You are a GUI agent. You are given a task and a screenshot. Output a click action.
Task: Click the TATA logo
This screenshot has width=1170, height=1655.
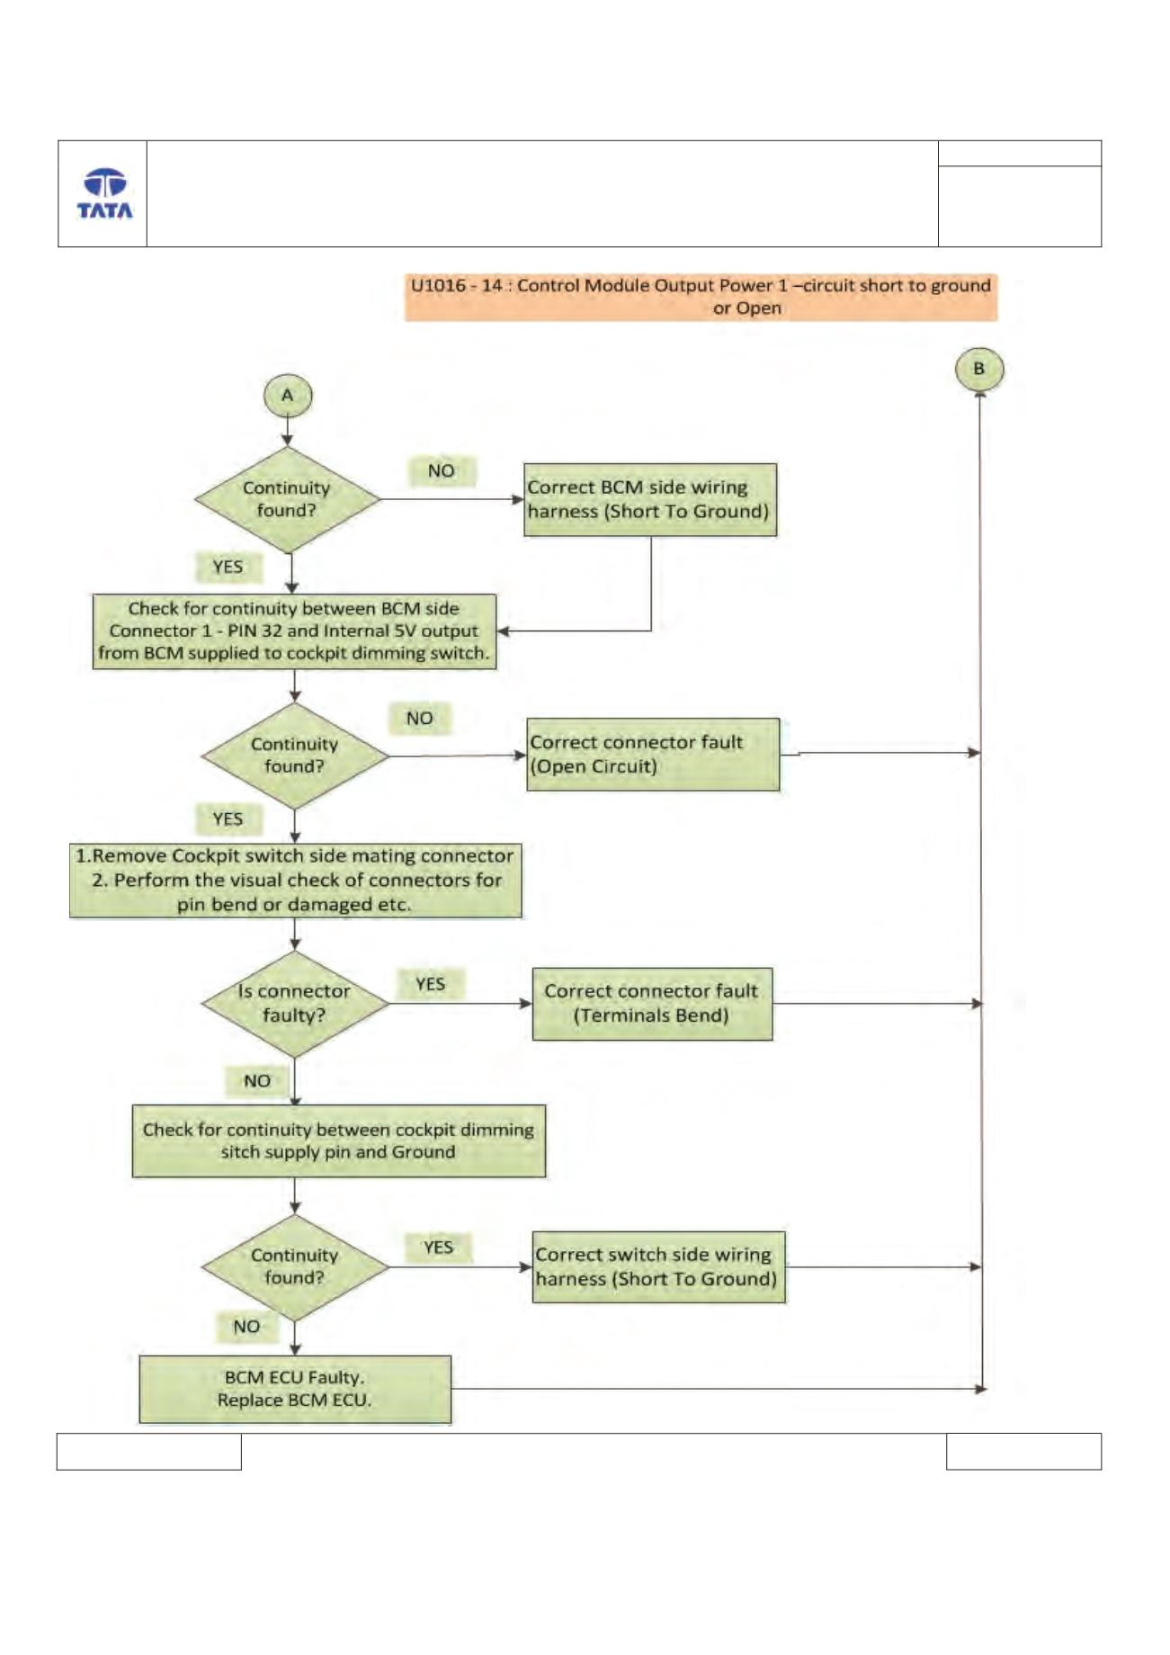pyautogui.click(x=104, y=193)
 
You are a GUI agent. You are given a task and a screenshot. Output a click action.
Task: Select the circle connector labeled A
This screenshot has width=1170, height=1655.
pyautogui.click(x=288, y=396)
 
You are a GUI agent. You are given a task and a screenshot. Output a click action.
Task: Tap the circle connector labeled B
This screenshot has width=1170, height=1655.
pyautogui.click(x=979, y=369)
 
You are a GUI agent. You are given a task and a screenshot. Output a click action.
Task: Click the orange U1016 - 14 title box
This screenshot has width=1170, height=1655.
pyautogui.click(x=701, y=297)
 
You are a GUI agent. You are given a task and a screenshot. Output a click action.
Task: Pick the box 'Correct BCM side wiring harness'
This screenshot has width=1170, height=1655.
pyautogui.click(x=650, y=500)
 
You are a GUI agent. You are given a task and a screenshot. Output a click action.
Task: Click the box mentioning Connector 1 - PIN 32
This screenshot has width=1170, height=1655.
pyautogui.click(x=294, y=631)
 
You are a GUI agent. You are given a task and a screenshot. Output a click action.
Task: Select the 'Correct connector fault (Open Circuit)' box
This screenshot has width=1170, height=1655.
pyautogui.click(x=653, y=755)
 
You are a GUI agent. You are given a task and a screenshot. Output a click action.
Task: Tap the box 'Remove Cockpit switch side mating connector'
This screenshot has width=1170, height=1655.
pyautogui.click(x=295, y=881)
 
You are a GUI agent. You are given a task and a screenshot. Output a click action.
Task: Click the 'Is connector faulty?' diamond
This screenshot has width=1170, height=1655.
pyautogui.click(x=295, y=1004)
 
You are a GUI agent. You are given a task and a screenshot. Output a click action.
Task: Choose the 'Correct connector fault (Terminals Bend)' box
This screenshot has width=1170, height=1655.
pyautogui.click(x=652, y=1004)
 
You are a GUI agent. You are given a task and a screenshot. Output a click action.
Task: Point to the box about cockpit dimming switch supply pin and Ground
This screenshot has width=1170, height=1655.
pyautogui.click(x=339, y=1141)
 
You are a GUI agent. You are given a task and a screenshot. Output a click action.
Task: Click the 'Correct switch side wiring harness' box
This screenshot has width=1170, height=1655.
pyautogui.click(x=659, y=1267)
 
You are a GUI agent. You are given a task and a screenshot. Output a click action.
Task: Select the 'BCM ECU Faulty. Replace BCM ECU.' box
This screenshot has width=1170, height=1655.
pyautogui.click(x=295, y=1390)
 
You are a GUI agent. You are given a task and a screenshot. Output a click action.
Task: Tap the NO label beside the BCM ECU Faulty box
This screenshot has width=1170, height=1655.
pyautogui.click(x=246, y=1327)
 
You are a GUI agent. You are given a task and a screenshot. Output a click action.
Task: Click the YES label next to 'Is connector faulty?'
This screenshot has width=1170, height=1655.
pyautogui.click(x=431, y=984)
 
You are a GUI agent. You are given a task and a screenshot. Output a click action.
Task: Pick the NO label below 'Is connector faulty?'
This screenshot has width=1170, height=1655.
pyautogui.click(x=257, y=1081)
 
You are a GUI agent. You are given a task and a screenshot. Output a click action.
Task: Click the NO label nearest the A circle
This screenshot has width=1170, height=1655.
pyautogui.click(x=442, y=471)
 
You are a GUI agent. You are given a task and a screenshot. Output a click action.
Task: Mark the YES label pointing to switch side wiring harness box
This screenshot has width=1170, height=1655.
pyautogui.click(x=438, y=1248)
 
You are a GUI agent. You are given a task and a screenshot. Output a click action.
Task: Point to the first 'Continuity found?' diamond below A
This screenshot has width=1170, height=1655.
pyautogui.click(x=288, y=500)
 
